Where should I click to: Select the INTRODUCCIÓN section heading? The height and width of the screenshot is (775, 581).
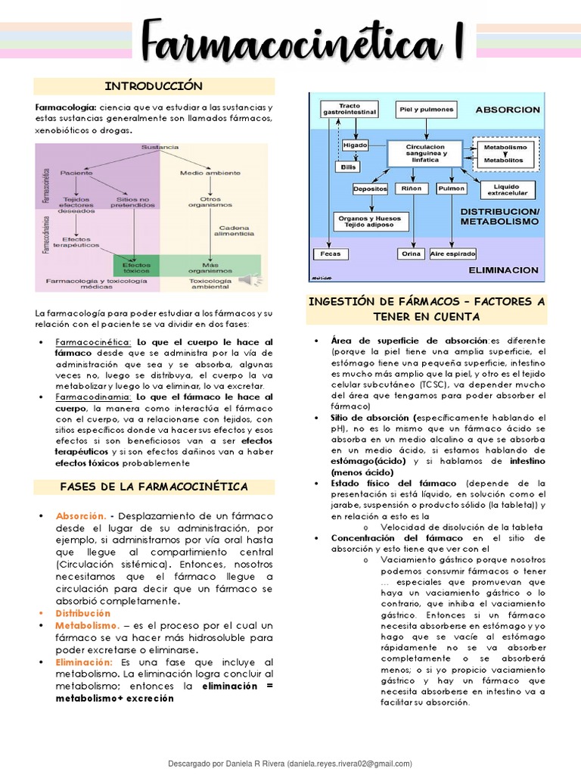coord(155,86)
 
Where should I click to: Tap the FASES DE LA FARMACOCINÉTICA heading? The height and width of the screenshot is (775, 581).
coord(155,486)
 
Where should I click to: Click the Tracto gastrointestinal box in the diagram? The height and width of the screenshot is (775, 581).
coord(350,109)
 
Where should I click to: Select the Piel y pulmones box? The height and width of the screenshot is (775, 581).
coord(426,110)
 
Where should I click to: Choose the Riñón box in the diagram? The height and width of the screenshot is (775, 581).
coord(412,188)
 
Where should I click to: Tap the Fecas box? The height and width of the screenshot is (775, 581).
coord(331,254)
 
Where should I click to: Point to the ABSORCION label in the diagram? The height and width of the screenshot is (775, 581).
coord(508,110)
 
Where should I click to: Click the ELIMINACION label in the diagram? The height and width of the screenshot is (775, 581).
coord(503,269)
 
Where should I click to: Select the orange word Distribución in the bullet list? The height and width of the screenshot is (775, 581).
coord(82,613)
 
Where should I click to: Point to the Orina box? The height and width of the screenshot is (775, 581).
coord(411,254)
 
